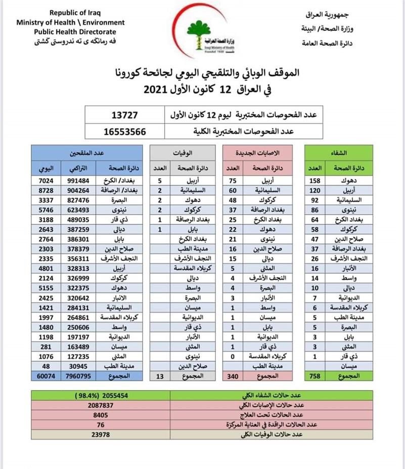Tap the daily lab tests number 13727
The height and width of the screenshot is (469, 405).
(124, 116)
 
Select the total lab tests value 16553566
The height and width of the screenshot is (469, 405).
(124, 131)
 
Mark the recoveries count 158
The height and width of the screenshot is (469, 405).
(313, 181)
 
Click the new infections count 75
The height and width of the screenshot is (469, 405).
(233, 181)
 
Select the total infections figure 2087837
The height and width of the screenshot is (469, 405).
(110, 405)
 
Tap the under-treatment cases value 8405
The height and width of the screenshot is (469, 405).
(110, 415)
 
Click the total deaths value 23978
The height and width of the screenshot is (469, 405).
(110, 434)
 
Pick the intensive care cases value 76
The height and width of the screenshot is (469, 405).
(110, 424)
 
